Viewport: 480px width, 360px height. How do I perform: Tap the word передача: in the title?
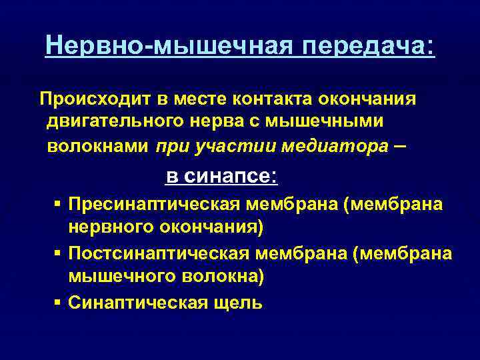pyautogui.click(x=368, y=46)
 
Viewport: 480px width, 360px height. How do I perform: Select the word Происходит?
pyautogui.click(x=96, y=99)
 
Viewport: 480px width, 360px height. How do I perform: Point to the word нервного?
pyautogui.click(x=111, y=227)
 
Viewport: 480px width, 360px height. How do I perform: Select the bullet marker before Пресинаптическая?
pyautogui.click(x=59, y=203)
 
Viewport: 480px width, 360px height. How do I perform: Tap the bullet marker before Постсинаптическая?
pyautogui.click(x=59, y=253)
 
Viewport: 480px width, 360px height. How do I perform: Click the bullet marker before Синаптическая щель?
pyautogui.click(x=59, y=302)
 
